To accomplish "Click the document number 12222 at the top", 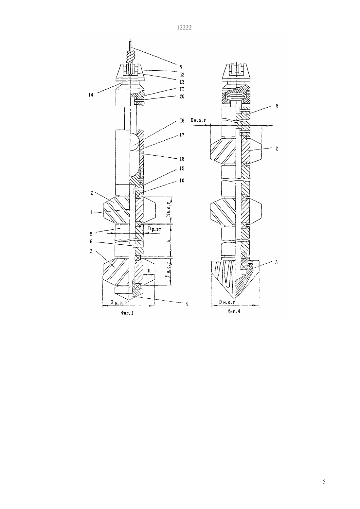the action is point(184,27).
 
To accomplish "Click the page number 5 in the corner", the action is point(324,482).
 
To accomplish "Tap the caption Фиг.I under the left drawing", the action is point(127,313).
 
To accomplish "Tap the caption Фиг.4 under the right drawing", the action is point(234,311).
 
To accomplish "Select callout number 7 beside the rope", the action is point(181,67).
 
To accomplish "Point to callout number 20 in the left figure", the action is point(182,97).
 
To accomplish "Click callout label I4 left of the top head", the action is point(91,95).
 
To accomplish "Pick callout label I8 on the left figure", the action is point(182,159).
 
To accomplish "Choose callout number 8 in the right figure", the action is point(277,106).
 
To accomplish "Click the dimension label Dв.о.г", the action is point(199,120).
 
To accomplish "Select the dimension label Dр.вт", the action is point(154,229).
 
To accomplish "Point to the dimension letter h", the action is point(149,271).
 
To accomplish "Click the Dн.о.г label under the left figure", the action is point(118,302).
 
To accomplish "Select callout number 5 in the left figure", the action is point(91,234).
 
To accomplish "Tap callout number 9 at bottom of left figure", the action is point(187,304).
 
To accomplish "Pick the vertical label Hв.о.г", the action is point(169,210).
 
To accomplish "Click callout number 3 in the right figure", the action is point(276,262).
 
